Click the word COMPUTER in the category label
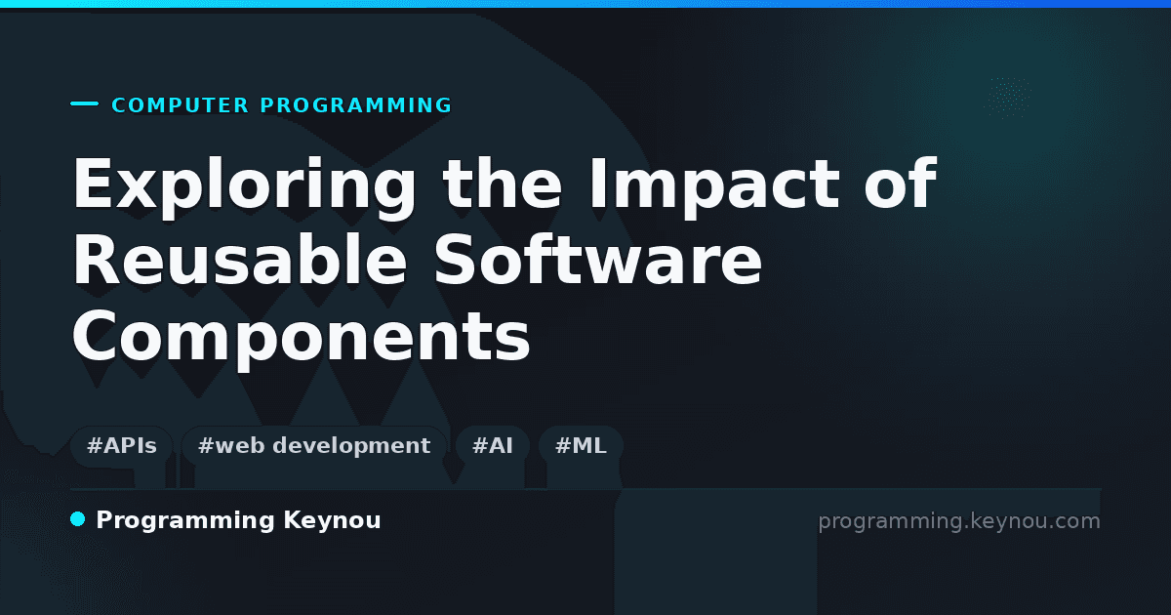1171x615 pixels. coord(180,105)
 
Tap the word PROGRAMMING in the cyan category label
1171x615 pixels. coord(355,105)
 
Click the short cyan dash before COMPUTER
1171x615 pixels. coord(84,103)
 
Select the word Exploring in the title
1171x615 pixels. coord(244,186)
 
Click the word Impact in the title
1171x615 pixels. coord(714,186)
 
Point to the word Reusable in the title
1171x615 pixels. coord(240,260)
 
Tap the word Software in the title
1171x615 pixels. coord(597,260)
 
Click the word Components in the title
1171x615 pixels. coord(302,338)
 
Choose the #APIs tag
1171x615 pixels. coord(122,446)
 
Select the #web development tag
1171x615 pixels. coord(313,446)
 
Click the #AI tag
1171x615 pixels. coord(493,446)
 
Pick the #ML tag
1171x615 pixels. coord(581,446)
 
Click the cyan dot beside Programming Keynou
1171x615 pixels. coord(77,519)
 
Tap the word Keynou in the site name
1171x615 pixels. coord(332,520)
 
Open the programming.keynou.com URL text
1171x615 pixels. coord(959,521)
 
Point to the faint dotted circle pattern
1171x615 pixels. coord(1008,98)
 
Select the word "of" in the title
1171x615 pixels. coord(900,184)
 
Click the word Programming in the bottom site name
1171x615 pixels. coord(185,521)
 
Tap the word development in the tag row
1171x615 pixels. coord(351,447)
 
